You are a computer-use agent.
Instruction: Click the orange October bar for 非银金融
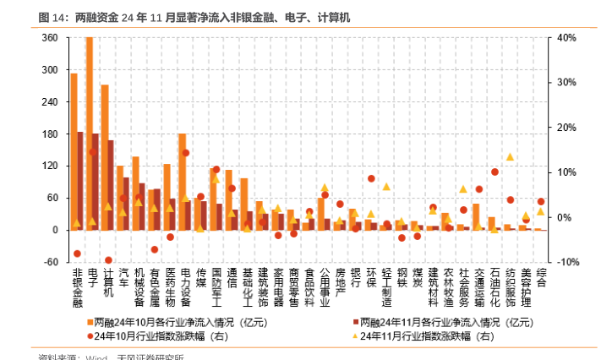click(74, 152)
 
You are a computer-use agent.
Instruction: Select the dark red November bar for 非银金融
click(80, 181)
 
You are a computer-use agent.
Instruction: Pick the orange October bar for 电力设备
click(182, 182)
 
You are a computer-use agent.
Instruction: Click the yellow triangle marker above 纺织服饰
click(510, 156)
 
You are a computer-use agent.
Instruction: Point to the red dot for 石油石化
click(495, 172)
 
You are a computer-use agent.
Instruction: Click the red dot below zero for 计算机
click(108, 260)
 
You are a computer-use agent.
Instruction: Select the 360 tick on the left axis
click(50, 38)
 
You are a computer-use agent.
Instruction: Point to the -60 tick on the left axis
click(50, 262)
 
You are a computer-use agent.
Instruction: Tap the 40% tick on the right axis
click(567, 38)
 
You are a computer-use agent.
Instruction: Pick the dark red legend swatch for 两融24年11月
click(352, 322)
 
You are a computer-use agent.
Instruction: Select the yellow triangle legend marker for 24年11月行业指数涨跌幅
click(352, 335)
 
